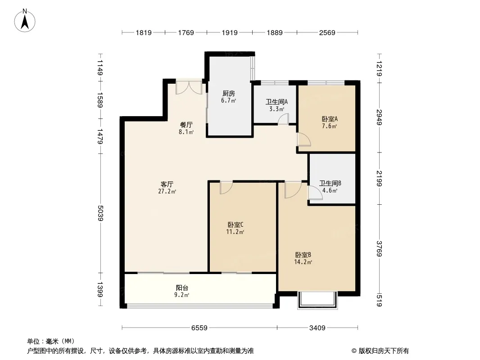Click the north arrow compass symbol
25,21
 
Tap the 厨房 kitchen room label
229,93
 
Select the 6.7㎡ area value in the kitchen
229,101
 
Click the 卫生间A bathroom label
276,102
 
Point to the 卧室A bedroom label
330,119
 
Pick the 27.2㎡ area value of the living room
167,191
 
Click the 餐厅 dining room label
186,125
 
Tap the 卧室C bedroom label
235,225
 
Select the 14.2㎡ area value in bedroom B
303,262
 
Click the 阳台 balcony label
182,288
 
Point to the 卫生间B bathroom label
330,183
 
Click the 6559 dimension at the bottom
199,328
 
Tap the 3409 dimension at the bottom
317,328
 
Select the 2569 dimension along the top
327,32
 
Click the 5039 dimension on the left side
100,213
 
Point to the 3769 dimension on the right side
379,249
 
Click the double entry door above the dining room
189,87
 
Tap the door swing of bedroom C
226,188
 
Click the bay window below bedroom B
317,300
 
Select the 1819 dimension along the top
144,32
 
